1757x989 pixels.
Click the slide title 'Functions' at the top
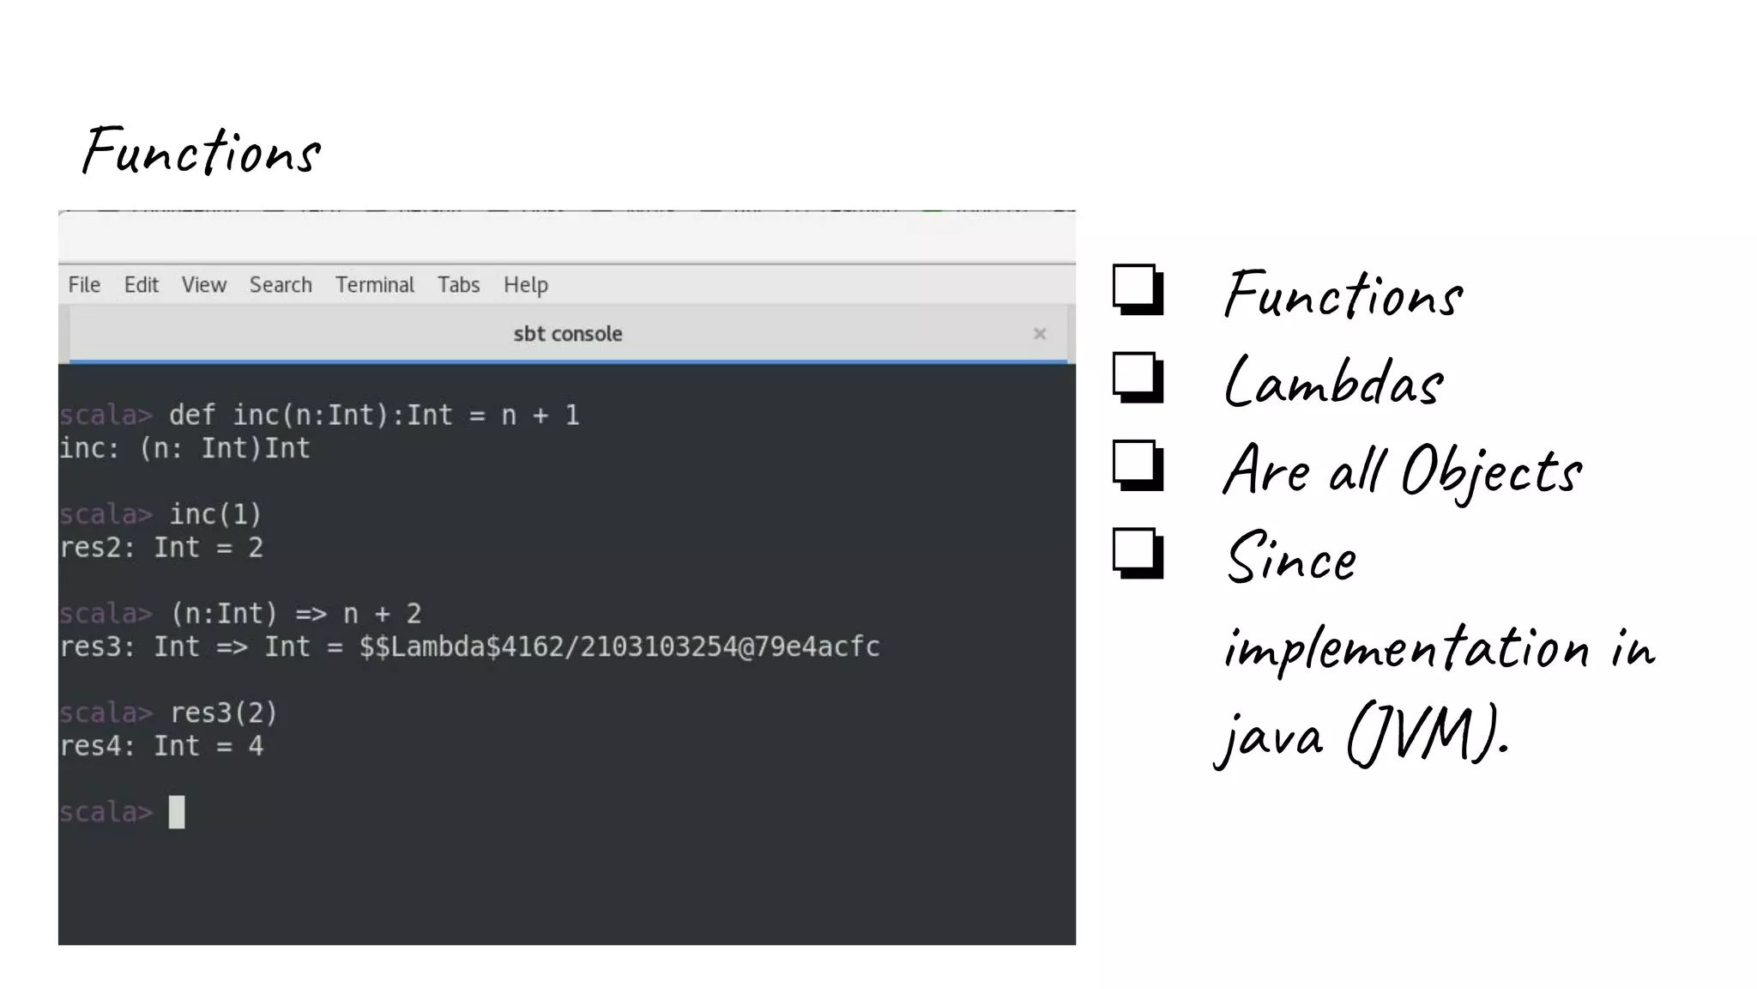point(202,151)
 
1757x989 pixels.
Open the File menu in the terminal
point(84,285)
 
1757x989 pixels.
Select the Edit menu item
point(141,285)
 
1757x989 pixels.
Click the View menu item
point(203,285)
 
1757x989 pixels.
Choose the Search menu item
point(281,285)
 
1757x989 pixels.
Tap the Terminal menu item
point(374,285)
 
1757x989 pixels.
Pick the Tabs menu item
point(458,285)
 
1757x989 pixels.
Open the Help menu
point(525,285)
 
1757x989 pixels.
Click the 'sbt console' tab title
point(567,334)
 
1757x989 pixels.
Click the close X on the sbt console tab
point(1039,334)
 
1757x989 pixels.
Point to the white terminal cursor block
point(177,812)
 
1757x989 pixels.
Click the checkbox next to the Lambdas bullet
point(1137,377)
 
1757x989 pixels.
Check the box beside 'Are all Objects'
point(1137,465)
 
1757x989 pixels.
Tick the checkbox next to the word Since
point(1137,554)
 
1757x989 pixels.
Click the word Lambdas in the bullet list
point(1334,383)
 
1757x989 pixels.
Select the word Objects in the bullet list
point(1491,471)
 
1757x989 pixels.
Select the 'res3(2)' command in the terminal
point(223,713)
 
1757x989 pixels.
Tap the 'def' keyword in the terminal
point(192,416)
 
